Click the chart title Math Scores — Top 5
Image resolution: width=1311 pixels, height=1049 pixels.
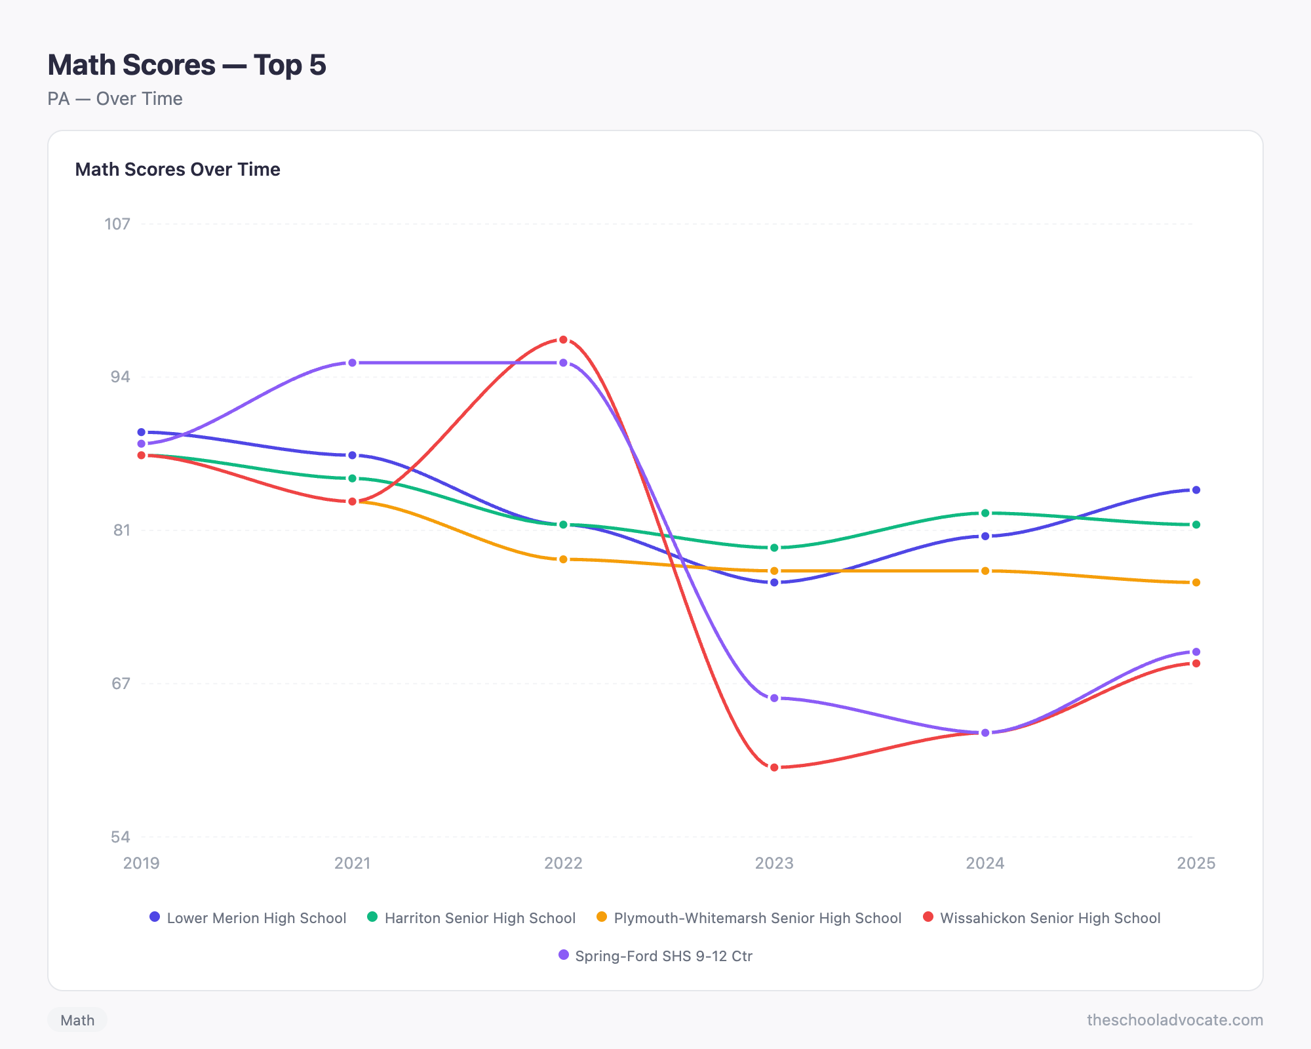[187, 65]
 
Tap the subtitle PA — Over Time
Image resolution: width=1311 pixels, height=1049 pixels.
[115, 99]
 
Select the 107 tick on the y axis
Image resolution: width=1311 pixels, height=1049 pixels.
[117, 224]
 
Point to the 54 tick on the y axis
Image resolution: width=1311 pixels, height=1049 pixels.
[120, 837]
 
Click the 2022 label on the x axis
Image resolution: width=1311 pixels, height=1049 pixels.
[563, 863]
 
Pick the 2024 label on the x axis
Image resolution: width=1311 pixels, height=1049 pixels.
[985, 863]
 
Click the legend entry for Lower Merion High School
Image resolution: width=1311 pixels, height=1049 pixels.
[248, 918]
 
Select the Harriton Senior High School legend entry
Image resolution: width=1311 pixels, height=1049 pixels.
[471, 918]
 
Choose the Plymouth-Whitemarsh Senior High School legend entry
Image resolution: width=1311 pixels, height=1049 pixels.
[749, 918]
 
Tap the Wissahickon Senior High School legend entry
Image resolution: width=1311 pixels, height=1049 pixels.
[1042, 918]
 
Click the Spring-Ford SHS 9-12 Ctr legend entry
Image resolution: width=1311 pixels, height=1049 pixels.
[655, 956]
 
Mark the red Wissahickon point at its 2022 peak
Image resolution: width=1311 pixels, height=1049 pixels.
[563, 340]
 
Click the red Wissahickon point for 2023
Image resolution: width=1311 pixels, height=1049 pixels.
[774, 767]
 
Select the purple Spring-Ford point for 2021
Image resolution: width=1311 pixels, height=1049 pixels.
[352, 363]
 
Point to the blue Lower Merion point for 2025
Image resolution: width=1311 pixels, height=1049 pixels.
[1196, 490]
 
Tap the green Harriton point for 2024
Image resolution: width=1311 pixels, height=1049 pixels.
[985, 513]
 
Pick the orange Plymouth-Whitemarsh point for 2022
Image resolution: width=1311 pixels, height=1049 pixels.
[563, 559]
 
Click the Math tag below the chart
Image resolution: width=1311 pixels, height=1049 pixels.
[77, 1020]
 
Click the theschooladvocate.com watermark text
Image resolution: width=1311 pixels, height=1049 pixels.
[1175, 1020]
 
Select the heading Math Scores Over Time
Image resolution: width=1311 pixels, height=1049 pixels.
[178, 170]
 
